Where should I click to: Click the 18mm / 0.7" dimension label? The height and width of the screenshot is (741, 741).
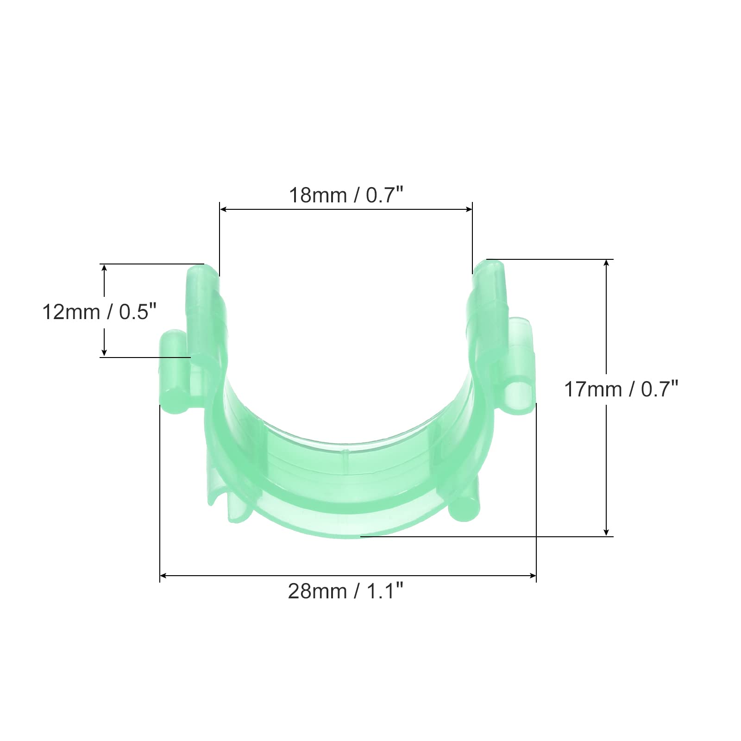pyautogui.click(x=346, y=195)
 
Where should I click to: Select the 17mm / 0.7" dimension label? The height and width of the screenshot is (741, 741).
pyautogui.click(x=621, y=389)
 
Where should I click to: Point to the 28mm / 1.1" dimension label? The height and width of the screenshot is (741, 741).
pyautogui.click(x=346, y=591)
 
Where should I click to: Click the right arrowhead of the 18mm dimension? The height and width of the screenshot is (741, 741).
pyautogui.click(x=468, y=209)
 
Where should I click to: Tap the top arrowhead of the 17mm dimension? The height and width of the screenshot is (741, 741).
pyautogui.click(x=607, y=263)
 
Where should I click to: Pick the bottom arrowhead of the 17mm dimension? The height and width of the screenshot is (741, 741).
pyautogui.click(x=607, y=532)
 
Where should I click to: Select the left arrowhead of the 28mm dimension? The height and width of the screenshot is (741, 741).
pyautogui.click(x=163, y=576)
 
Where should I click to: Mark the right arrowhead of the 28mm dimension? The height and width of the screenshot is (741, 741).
pyautogui.click(x=532, y=576)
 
